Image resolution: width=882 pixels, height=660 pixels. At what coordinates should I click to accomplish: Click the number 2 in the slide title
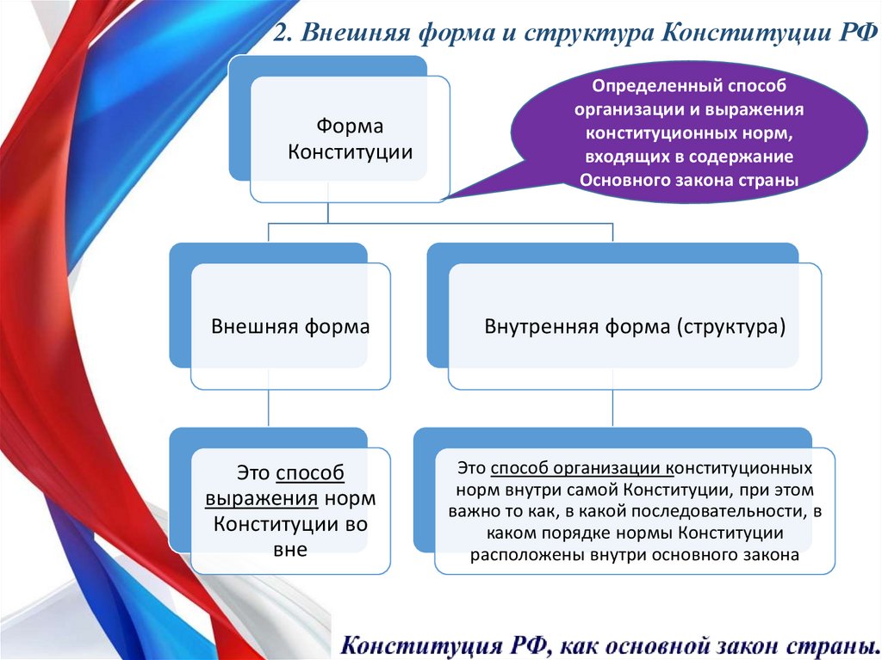[280, 34]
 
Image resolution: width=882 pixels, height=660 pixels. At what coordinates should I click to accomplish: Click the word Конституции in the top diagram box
[350, 151]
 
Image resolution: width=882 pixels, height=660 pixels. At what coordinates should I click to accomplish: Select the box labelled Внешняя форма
[290, 327]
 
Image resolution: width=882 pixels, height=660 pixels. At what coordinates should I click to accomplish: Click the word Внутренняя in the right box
[533, 328]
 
